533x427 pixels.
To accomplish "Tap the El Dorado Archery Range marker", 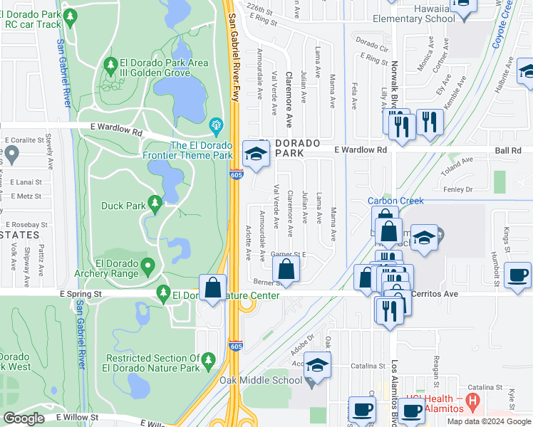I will [x=148, y=267].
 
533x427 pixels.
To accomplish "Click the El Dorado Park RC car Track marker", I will [x=69, y=17].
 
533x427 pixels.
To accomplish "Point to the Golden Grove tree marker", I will [x=110, y=66].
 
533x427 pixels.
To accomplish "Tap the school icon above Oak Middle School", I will [x=317, y=364].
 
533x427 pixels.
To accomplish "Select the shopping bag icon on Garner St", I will [x=286, y=269].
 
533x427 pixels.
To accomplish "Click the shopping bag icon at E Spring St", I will [x=212, y=288].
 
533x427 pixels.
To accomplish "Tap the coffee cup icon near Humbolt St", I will [x=517, y=275].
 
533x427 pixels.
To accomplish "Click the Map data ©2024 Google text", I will [x=489, y=421].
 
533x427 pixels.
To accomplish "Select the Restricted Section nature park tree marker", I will [x=209, y=360].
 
